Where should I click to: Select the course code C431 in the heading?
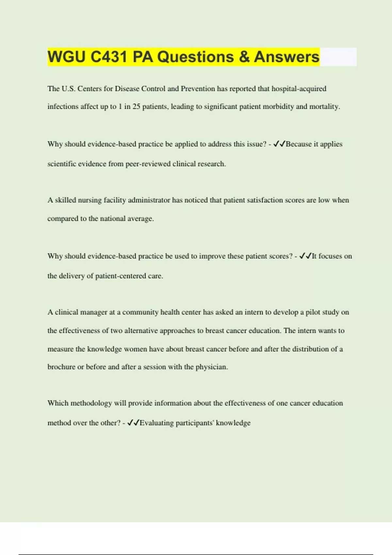[109, 57]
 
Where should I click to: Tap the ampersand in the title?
[244, 57]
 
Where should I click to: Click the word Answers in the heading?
[286, 57]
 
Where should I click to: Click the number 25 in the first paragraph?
[136, 107]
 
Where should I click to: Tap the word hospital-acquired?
[299, 89]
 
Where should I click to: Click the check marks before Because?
[279, 144]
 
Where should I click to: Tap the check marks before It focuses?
[305, 256]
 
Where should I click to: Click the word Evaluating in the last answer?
[156, 423]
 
